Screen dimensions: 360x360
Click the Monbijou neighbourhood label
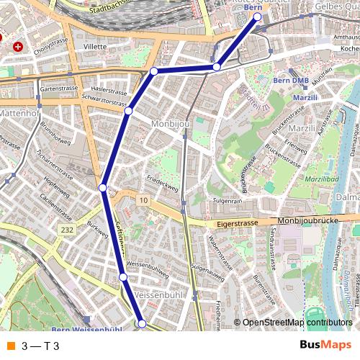(x=171, y=124)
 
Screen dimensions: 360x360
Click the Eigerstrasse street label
(x=237, y=224)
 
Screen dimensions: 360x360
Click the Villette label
(x=94, y=46)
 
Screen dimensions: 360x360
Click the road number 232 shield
(x=67, y=230)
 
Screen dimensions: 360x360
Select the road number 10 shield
(x=143, y=199)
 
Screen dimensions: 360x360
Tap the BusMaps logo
(x=325, y=346)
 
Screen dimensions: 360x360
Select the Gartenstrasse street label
(x=59, y=89)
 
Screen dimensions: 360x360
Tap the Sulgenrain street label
(x=226, y=201)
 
